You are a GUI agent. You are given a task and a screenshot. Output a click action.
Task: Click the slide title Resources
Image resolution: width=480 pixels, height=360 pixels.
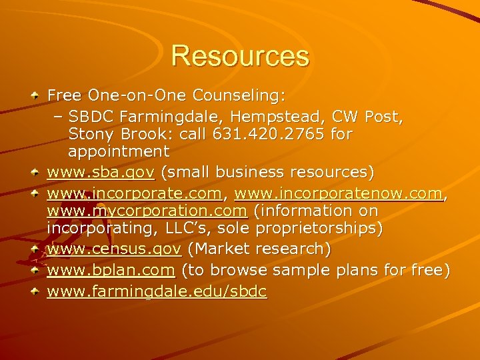240,56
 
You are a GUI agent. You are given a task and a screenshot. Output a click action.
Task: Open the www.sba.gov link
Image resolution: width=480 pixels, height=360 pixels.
101,173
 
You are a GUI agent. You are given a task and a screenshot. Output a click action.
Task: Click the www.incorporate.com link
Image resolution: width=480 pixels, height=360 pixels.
134,194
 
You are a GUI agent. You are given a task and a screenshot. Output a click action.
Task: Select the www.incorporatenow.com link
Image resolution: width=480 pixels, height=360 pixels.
339,194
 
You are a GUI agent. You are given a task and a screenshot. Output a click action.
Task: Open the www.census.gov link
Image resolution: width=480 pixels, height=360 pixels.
114,249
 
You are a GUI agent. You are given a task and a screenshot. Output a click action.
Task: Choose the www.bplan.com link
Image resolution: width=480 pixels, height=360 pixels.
111,271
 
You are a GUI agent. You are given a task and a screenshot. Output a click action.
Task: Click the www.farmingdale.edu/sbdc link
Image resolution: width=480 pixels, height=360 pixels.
157,292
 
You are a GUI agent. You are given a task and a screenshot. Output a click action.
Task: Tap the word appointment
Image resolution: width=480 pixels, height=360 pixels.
119,152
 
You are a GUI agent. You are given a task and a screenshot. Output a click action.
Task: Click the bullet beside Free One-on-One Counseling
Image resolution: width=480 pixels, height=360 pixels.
36,97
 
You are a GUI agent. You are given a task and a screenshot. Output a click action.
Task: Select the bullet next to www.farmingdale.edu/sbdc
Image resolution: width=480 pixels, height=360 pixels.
36,292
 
